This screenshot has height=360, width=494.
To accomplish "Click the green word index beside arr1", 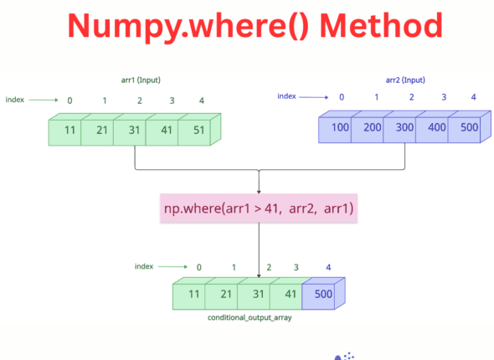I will click(x=15, y=100).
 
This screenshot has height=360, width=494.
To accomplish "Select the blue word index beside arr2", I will click(x=287, y=95).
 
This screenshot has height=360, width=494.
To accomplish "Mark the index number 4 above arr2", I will click(x=473, y=96).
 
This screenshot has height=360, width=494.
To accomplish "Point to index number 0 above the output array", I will click(x=198, y=268).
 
